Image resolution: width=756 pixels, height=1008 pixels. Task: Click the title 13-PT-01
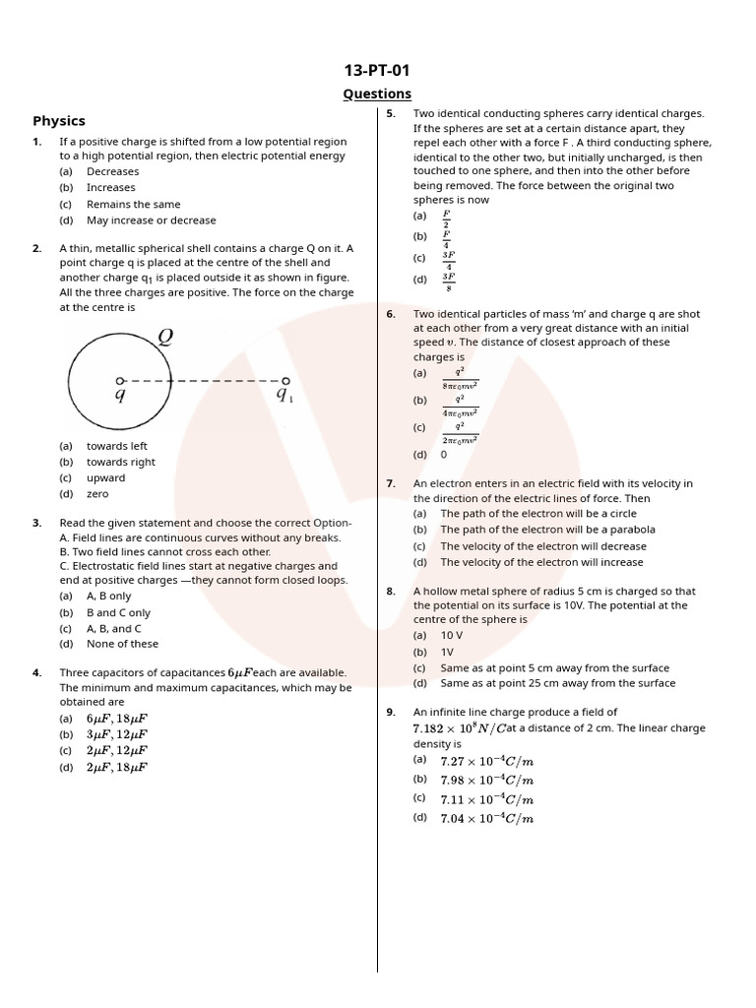click(377, 70)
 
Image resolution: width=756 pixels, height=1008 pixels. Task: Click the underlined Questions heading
click(377, 94)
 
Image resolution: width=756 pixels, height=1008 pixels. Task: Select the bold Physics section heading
click(59, 121)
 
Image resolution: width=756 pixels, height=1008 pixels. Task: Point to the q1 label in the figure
click(284, 396)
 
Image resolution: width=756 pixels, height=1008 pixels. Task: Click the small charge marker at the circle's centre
click(120, 380)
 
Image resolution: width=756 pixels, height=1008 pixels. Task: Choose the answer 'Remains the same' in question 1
click(133, 205)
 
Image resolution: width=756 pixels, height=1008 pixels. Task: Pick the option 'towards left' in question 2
click(116, 446)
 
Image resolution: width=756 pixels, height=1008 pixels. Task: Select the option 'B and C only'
click(118, 612)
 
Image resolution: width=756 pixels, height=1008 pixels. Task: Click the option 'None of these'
click(122, 644)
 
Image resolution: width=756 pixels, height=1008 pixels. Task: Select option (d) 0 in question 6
click(443, 455)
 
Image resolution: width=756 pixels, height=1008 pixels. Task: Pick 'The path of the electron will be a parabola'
click(547, 530)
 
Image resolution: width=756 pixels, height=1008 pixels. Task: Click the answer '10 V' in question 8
click(451, 636)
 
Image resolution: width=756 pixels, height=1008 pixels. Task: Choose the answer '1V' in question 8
click(447, 652)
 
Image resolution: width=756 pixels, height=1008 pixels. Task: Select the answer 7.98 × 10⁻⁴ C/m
click(486, 780)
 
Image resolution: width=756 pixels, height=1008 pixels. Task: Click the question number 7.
click(391, 483)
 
